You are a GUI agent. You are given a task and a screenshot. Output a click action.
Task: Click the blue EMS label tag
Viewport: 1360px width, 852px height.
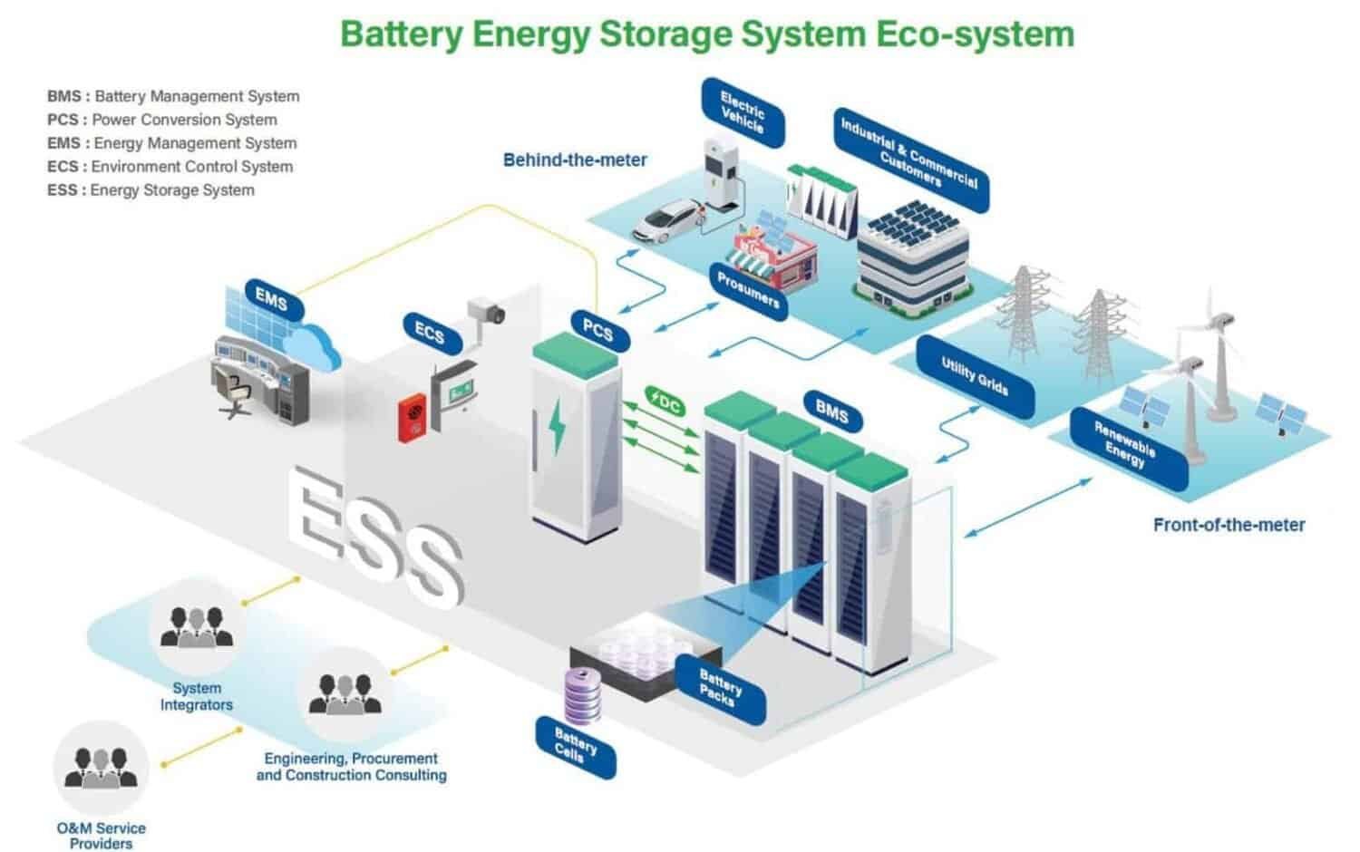click(x=271, y=298)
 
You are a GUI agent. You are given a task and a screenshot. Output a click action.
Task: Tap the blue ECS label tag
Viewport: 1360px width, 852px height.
click(x=430, y=334)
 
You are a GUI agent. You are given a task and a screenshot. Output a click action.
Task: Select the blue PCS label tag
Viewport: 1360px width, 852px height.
click(x=597, y=329)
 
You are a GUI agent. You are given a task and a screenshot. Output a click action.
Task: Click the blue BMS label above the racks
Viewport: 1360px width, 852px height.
click(x=831, y=412)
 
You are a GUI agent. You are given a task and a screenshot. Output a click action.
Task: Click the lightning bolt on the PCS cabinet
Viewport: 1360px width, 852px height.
click(x=557, y=425)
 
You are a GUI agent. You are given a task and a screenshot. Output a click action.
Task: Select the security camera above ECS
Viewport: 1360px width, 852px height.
click(x=487, y=310)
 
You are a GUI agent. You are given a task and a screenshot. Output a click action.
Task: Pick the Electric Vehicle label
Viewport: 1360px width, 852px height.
click(x=743, y=112)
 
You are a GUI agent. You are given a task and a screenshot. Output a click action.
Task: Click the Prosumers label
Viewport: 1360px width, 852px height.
click(x=749, y=290)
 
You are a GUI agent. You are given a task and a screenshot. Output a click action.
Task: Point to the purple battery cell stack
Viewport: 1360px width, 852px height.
click(x=581, y=695)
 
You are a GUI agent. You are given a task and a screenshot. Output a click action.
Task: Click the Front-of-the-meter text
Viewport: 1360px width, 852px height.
click(x=1229, y=525)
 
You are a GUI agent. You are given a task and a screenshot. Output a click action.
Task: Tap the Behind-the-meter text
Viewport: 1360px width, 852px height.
click(x=575, y=160)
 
